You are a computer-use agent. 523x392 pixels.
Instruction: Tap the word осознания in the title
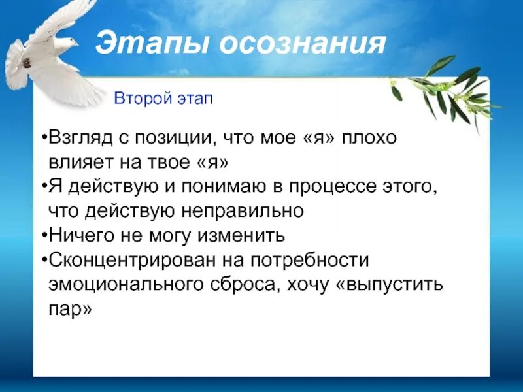(x=301, y=44)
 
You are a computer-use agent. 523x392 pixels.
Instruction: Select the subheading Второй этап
(x=163, y=99)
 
